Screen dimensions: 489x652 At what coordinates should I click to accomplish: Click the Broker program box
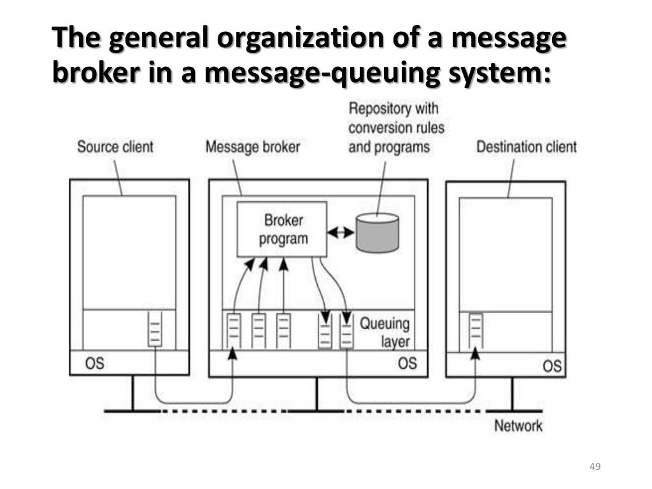point(281,229)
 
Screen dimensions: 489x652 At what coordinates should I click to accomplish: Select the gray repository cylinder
point(377,232)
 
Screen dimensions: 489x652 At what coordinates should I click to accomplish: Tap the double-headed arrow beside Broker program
point(341,232)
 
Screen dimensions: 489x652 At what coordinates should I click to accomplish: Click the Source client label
point(115,146)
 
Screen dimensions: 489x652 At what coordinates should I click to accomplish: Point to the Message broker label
point(252,146)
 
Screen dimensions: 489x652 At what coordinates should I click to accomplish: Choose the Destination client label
point(527,146)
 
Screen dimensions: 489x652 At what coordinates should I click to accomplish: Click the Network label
point(518,425)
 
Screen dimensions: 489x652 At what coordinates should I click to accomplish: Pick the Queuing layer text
point(385,332)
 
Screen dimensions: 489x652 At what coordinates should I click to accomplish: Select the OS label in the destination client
point(552,366)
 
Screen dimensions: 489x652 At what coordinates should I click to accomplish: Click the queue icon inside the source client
point(155,329)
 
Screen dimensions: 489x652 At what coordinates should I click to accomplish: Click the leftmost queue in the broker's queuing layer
point(233,331)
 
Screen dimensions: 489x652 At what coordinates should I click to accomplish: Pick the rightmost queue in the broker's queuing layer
point(346,332)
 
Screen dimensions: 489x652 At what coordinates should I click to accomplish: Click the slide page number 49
point(595,467)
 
